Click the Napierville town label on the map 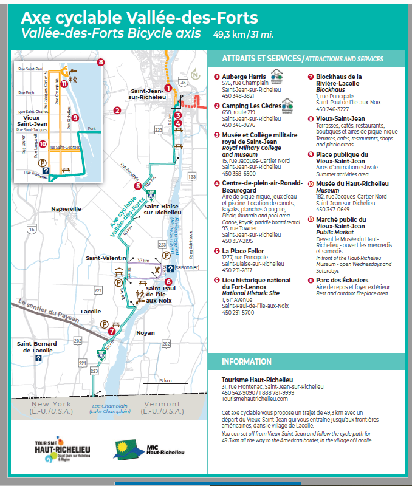(x=67, y=208)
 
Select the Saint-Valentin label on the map (x=105, y=258)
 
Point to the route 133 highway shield (x=193, y=176)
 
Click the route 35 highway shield (x=183, y=81)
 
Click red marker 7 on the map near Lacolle (x=112, y=332)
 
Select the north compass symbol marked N (x=195, y=76)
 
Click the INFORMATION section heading (x=246, y=361)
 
